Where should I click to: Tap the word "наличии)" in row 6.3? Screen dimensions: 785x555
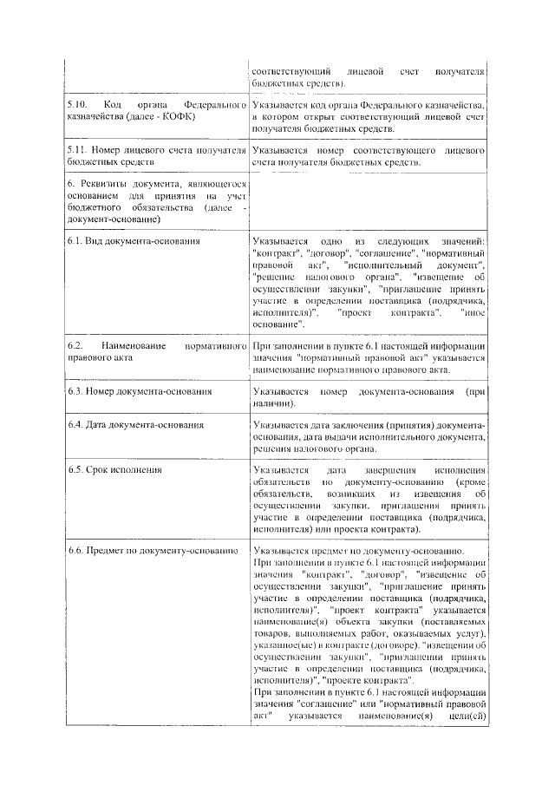[273, 403]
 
